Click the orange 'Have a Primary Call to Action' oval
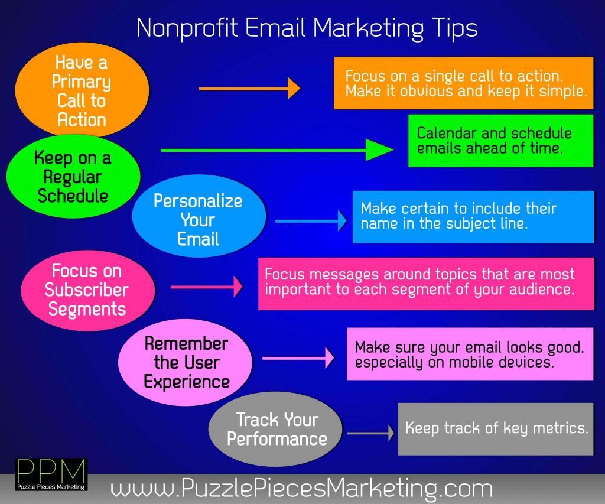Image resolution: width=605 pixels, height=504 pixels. (82, 90)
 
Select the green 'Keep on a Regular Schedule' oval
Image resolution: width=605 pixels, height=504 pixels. (73, 176)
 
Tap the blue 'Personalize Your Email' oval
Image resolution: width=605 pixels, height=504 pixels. (199, 216)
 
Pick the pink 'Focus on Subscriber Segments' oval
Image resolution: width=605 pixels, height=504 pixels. (88, 290)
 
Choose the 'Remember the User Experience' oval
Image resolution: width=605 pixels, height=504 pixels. (185, 362)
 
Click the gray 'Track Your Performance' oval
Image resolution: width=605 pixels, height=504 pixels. (275, 429)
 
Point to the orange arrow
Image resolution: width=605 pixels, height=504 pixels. (249, 89)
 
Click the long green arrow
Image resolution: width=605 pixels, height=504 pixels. (277, 149)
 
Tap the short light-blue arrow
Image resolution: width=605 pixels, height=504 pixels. (311, 221)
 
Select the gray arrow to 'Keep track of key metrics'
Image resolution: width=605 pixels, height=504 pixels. (371, 433)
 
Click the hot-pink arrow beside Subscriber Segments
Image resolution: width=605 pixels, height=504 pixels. (206, 287)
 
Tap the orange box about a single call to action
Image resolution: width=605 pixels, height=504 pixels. (463, 83)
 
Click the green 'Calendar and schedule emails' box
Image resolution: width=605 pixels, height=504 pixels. (501, 141)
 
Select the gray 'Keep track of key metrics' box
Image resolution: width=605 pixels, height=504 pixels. (496, 429)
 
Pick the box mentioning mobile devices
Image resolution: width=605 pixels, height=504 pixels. (470, 354)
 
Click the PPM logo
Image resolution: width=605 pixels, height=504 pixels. (51, 474)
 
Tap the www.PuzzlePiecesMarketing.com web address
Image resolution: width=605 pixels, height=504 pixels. (301, 488)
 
